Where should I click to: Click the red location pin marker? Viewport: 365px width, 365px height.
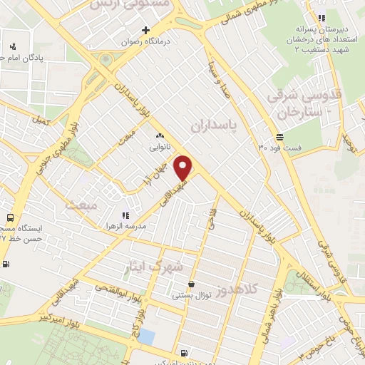pos(184,168)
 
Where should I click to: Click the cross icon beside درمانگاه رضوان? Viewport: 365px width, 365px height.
pos(145,31)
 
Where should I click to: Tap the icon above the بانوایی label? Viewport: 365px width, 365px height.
pos(160,135)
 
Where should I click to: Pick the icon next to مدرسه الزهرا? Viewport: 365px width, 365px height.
pos(125,214)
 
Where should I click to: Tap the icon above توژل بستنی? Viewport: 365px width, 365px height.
pos(191,284)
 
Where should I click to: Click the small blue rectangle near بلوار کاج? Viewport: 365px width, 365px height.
pos(146,336)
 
